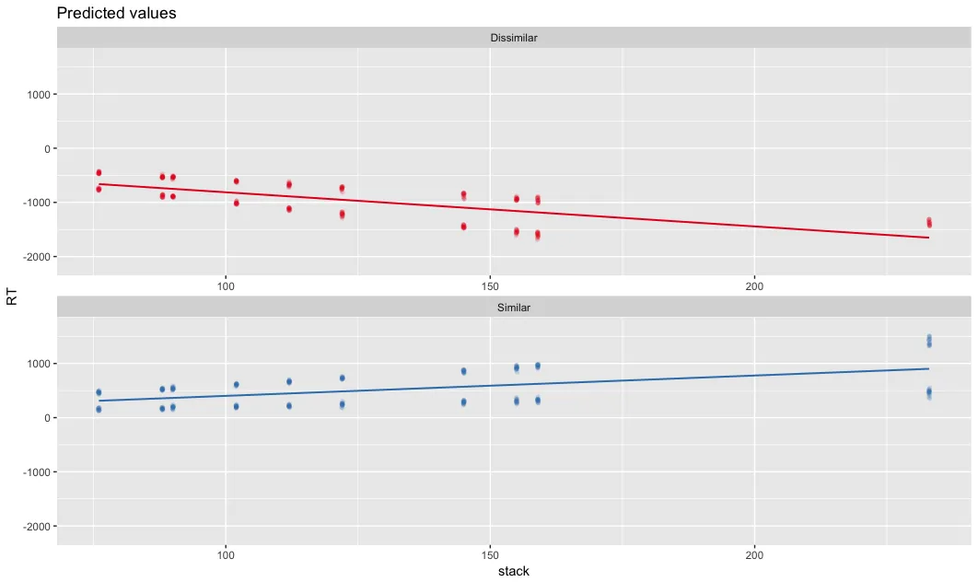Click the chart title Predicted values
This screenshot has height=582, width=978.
(117, 14)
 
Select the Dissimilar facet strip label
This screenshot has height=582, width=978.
(513, 38)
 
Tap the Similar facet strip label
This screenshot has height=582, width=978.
(513, 308)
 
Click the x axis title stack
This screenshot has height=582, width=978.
(513, 571)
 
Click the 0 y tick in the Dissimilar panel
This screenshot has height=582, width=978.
(47, 148)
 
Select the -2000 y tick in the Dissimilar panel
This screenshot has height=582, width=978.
(36, 256)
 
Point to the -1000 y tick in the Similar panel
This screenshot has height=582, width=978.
(36, 471)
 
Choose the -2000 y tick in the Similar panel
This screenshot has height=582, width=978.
(36, 526)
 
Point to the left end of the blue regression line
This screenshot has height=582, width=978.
(99, 401)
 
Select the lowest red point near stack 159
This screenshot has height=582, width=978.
(538, 237)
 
